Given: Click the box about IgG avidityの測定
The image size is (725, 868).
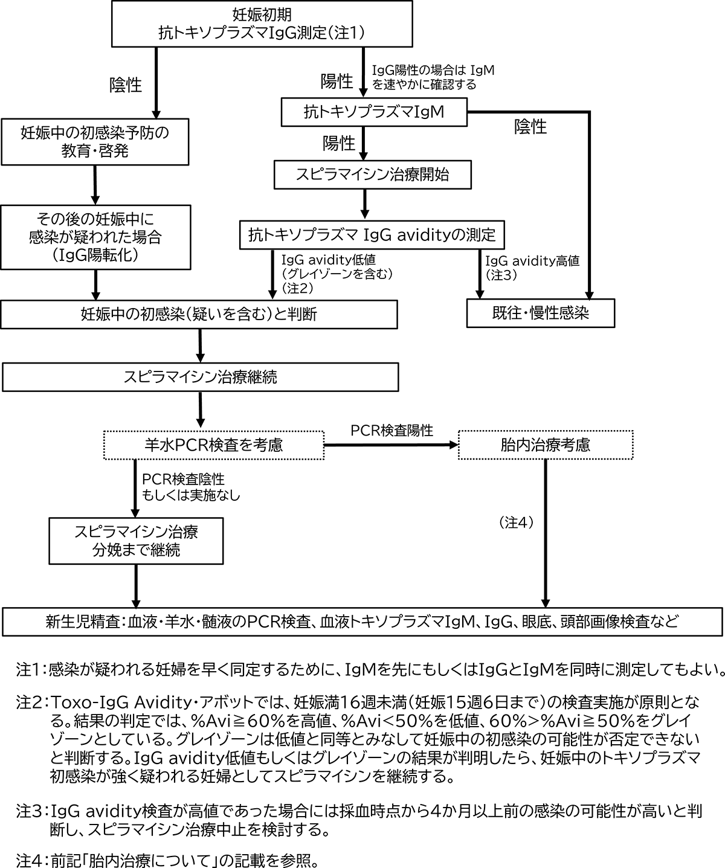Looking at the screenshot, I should [372, 234].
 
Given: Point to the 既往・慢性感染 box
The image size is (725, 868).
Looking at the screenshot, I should [541, 313].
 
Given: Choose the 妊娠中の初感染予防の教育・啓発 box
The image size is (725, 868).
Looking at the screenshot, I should [95, 141].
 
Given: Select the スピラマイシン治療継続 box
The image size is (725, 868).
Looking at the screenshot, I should [200, 378].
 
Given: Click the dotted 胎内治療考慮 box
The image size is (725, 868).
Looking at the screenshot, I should [546, 445].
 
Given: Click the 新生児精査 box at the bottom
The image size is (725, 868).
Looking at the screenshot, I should [362, 620].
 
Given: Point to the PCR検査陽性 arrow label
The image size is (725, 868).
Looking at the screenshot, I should [392, 431].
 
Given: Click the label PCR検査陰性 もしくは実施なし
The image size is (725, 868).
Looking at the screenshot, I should [191, 487].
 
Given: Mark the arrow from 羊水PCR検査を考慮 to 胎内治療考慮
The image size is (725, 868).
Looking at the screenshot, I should [391, 445].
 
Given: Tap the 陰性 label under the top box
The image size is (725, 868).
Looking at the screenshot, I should [125, 85].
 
